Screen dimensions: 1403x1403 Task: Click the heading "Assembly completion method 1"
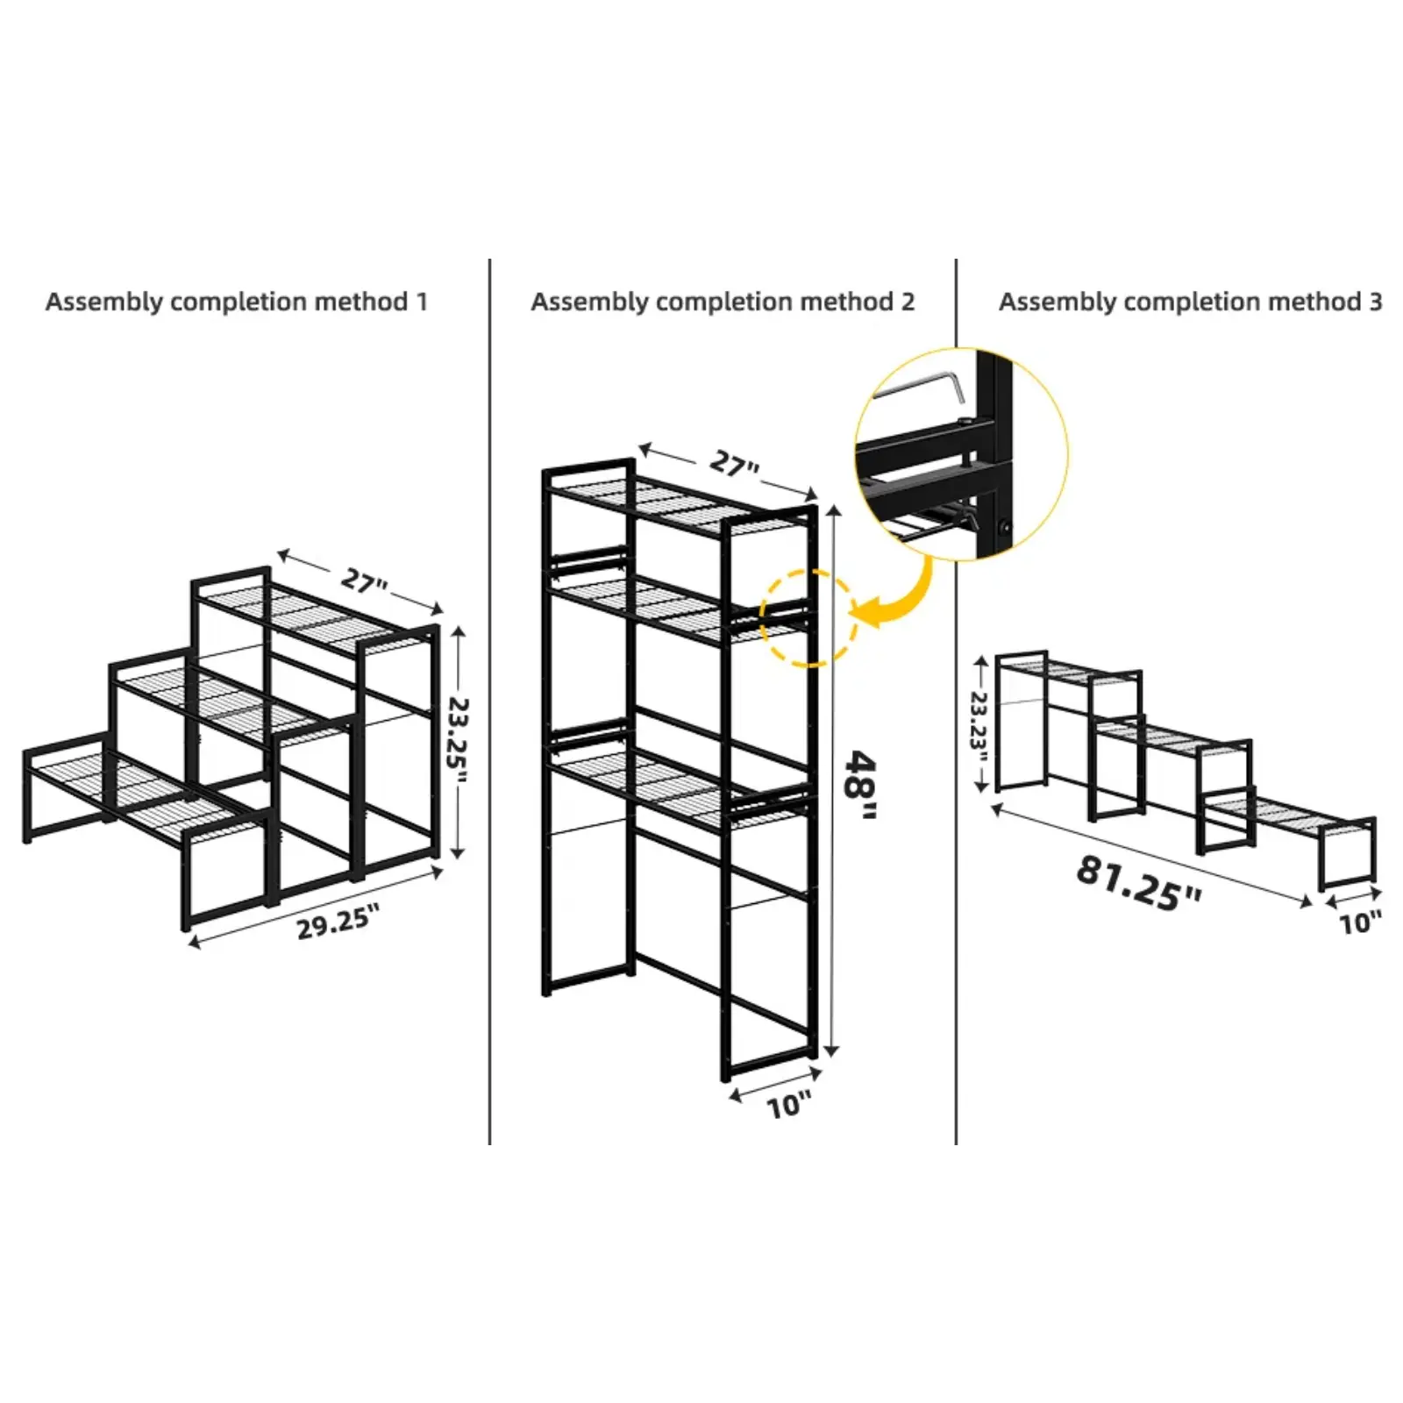tap(237, 302)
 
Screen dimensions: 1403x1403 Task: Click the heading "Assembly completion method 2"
tap(723, 302)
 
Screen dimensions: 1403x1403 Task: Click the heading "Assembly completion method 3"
tap(1190, 302)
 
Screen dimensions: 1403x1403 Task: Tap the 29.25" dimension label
tap(338, 923)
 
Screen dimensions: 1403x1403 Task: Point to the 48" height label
tap(858, 786)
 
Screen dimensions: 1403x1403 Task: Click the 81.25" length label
tap(1138, 883)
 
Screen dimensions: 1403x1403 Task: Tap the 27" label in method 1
tap(364, 580)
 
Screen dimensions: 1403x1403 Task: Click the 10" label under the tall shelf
tap(789, 1106)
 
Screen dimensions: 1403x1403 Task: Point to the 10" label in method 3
tap(1360, 922)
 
